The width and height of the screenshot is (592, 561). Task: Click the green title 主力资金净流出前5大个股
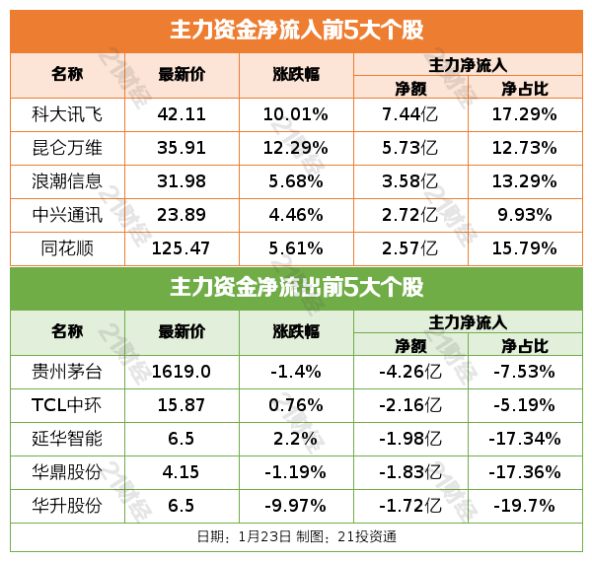296,288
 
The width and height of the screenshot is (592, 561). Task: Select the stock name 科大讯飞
67,114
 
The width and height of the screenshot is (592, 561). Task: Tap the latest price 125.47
182,247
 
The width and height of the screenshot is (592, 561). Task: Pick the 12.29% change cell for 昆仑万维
295,148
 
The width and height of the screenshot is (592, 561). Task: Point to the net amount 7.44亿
409,114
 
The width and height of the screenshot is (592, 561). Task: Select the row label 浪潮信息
67,181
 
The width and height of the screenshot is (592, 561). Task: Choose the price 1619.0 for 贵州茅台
182,372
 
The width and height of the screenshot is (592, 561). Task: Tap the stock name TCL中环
67,405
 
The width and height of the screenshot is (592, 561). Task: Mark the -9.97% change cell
295,506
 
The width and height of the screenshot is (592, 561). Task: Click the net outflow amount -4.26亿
409,372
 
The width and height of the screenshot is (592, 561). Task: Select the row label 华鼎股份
67,472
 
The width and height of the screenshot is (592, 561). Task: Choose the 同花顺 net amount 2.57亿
409,247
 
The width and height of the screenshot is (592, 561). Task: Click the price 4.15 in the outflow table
182,472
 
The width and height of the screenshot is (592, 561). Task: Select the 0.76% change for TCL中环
295,405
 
